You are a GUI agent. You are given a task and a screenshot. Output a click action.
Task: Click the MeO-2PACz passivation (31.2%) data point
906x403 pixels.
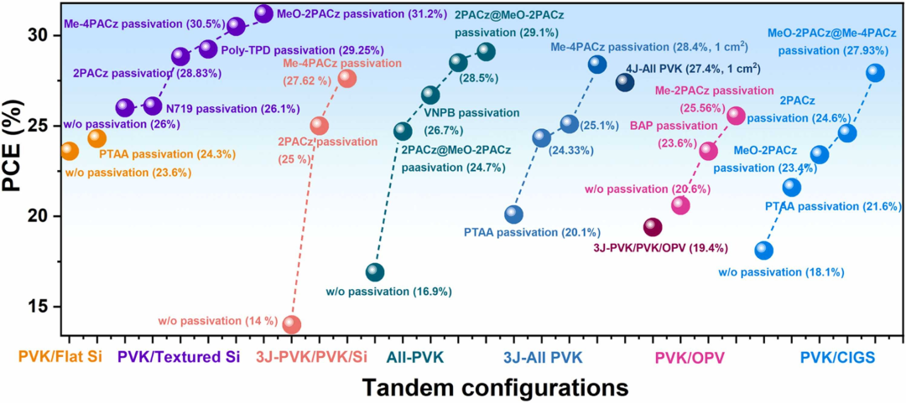pyautogui.click(x=263, y=13)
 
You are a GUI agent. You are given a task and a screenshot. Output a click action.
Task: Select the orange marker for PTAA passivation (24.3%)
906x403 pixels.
pyautogui.click(x=96, y=137)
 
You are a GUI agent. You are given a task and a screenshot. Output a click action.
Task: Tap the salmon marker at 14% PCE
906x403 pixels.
pyautogui.click(x=292, y=324)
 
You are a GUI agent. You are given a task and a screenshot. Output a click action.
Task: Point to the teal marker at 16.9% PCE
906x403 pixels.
pyautogui.click(x=375, y=272)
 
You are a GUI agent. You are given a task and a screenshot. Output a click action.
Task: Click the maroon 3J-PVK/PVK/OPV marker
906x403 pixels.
pyautogui.click(x=653, y=228)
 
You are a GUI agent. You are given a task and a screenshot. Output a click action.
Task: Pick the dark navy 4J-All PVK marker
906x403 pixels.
pyautogui.click(x=625, y=81)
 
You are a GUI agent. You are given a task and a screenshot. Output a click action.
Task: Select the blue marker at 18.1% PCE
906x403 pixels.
pyautogui.click(x=763, y=251)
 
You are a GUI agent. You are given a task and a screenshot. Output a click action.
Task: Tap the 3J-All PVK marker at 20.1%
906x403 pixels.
pyautogui.click(x=513, y=214)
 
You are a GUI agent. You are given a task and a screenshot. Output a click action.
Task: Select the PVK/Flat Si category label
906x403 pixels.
pyautogui.click(x=60, y=358)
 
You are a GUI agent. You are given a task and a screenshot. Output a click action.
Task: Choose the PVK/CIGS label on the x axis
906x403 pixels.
pyautogui.click(x=837, y=359)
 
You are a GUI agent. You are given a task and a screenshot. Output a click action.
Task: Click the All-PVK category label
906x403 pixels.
pyautogui.click(x=414, y=358)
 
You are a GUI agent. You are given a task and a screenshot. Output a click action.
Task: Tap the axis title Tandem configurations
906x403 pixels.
pyautogui.click(x=496, y=388)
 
